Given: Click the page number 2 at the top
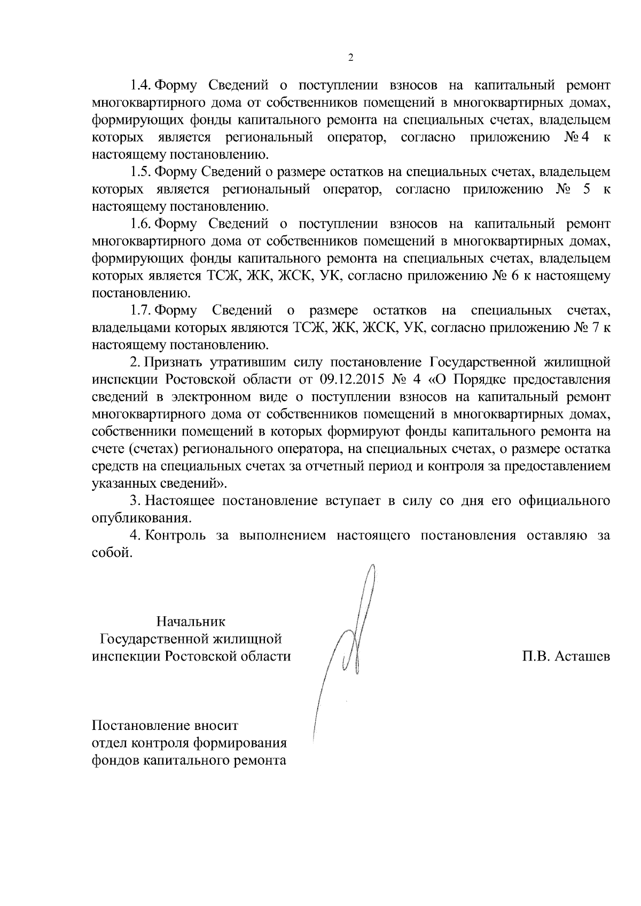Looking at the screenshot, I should (x=350, y=58).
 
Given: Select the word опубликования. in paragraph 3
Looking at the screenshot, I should (x=142, y=518).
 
